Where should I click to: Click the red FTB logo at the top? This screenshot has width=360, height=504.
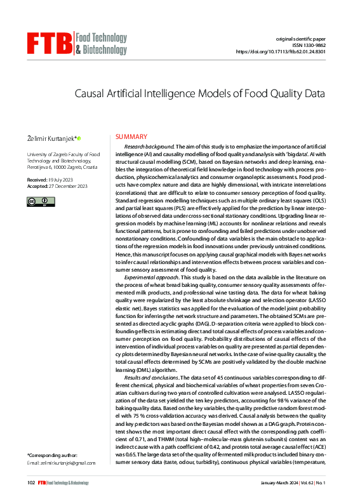coord(50,43)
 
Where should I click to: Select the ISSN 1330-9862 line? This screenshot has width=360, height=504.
coord(317,46)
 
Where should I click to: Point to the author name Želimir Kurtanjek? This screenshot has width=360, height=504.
coord(50,138)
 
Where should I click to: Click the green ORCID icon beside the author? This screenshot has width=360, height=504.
coord(79,138)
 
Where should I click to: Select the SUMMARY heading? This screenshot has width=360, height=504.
coord(130,137)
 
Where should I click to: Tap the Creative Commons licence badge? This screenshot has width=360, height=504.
coord(41,202)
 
